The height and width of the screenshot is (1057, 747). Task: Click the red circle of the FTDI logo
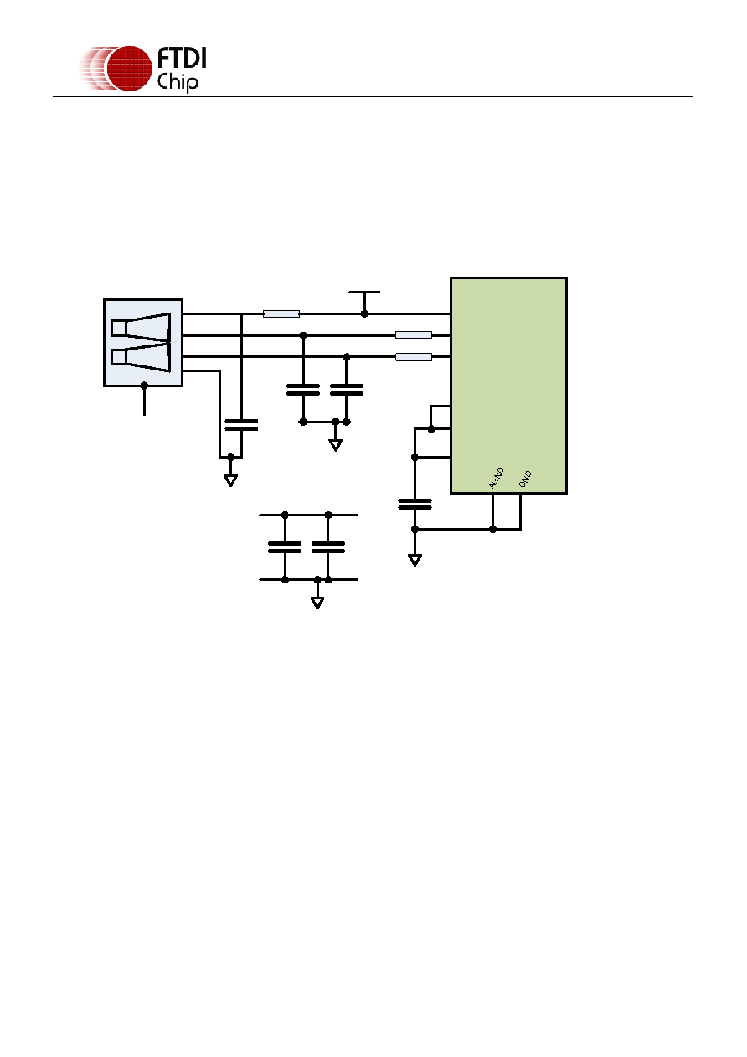(x=130, y=69)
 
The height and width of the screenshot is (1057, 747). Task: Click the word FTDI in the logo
(x=182, y=58)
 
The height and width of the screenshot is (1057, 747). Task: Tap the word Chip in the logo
(x=178, y=82)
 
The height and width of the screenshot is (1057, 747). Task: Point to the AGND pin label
(x=497, y=478)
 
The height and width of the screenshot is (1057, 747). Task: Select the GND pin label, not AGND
(x=525, y=479)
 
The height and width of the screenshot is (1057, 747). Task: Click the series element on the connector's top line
(x=281, y=313)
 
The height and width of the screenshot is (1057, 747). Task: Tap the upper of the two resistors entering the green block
(x=414, y=335)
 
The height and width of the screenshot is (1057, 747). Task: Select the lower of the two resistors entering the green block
(x=414, y=357)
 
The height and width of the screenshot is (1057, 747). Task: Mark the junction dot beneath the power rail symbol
(x=364, y=313)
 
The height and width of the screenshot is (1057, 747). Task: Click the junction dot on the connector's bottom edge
(x=144, y=386)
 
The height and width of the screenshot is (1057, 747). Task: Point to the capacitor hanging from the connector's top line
(x=241, y=425)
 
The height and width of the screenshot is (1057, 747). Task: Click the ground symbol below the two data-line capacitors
(x=336, y=445)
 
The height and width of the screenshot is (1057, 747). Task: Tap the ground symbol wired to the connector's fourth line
(x=230, y=480)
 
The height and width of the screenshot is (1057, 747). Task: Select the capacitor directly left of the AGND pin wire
(x=415, y=505)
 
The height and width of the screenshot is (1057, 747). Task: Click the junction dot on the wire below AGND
(x=492, y=530)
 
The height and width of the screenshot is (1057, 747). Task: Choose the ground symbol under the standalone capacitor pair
(x=317, y=603)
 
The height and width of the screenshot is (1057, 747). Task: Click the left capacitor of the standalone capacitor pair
(x=285, y=547)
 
